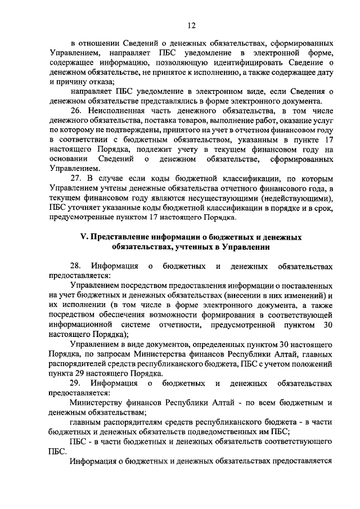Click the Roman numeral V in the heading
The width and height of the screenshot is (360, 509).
click(x=83, y=237)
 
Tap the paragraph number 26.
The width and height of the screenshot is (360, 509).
click(x=76, y=111)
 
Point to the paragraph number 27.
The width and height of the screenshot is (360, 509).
click(x=76, y=177)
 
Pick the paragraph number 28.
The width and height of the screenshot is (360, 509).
click(x=76, y=265)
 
